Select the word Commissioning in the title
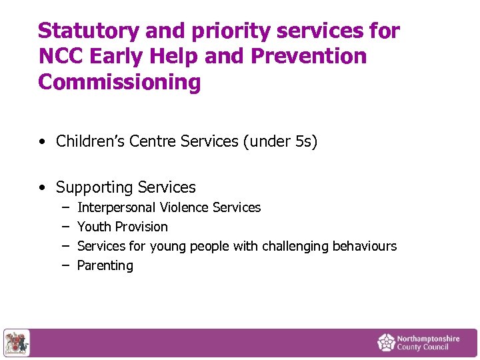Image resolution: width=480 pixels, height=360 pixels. pos(119,82)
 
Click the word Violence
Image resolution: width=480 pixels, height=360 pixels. pos(184,208)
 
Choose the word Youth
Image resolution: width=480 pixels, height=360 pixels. pos(93,227)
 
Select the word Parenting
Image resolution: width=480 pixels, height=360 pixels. pos(105,265)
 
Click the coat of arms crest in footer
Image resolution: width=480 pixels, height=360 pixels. pos(16,343)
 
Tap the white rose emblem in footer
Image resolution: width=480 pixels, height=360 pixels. pos(386,343)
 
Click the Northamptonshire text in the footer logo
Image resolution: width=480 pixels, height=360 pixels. pos(428,339)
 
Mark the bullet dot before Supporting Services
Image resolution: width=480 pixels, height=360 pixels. pos(43,188)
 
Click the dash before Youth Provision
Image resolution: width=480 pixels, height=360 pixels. pos(66,227)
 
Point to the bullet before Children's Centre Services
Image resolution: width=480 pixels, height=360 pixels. pos(43,142)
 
